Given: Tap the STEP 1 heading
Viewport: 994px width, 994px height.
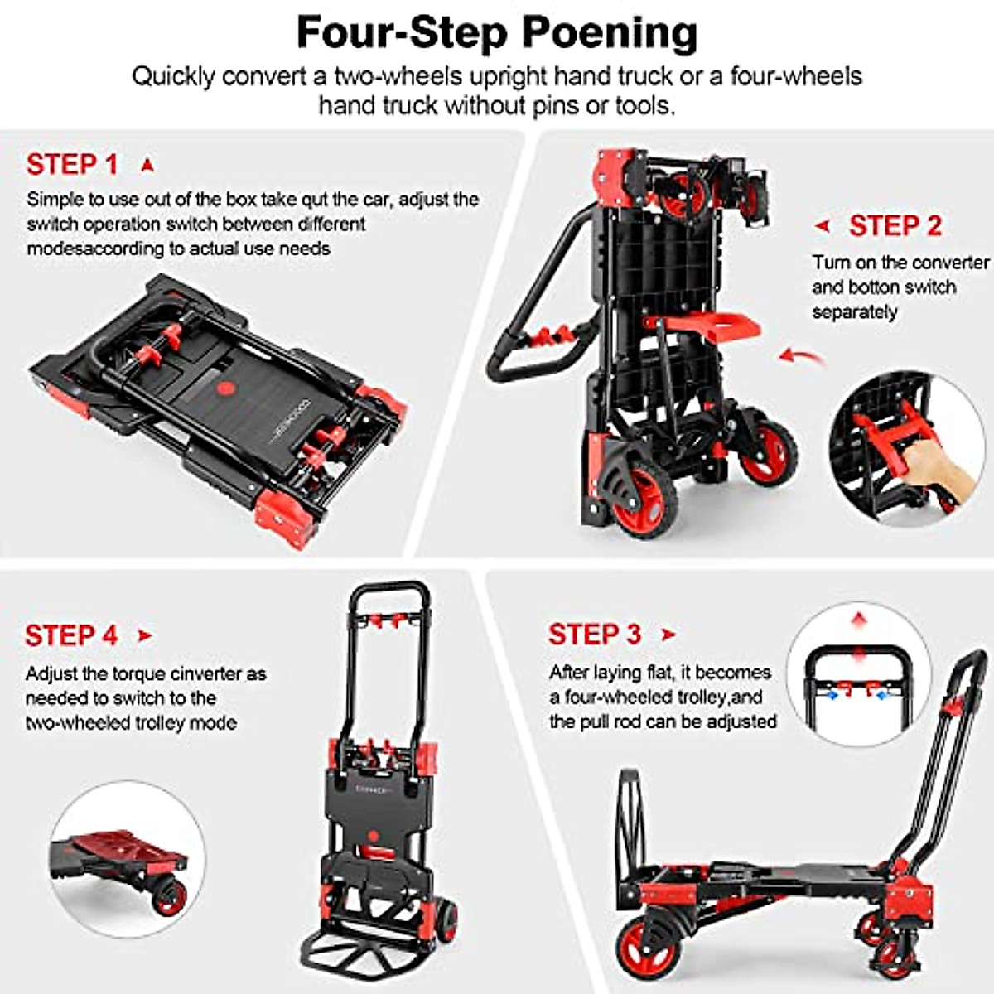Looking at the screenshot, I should [x=72, y=164].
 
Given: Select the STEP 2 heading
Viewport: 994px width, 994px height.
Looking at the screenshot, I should [x=895, y=225].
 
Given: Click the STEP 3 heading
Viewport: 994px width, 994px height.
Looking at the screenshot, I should [x=594, y=635].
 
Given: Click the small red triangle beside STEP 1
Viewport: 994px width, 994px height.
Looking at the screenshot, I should [x=147, y=166].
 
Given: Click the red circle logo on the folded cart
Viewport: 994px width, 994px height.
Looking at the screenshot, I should [x=226, y=388].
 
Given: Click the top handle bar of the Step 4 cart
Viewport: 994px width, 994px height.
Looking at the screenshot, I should [x=390, y=590].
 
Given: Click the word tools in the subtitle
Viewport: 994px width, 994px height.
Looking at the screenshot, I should [x=641, y=105].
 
